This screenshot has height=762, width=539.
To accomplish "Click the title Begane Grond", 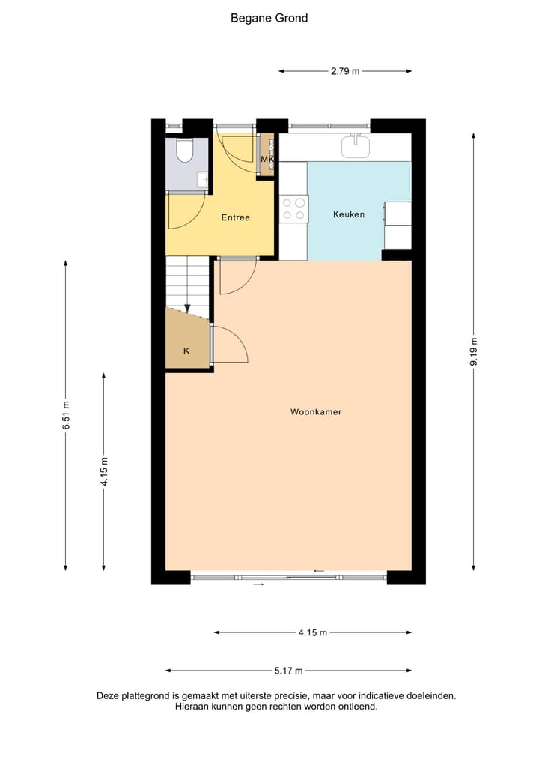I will (x=269, y=18).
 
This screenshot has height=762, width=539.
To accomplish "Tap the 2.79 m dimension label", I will (x=345, y=71).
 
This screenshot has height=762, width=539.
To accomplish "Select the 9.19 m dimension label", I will (x=473, y=351).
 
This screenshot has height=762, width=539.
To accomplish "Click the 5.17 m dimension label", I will (x=288, y=671).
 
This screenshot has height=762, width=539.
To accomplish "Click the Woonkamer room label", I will (x=316, y=411).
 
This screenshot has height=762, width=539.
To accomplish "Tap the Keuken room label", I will (x=349, y=214).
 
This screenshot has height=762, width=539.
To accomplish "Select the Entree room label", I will (x=235, y=217).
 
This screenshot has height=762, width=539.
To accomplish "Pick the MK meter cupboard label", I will (x=267, y=160).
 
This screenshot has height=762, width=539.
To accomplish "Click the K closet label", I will (x=186, y=351).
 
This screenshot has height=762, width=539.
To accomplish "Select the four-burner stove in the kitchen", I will (x=293, y=208).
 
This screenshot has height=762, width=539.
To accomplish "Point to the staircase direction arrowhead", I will (x=187, y=307).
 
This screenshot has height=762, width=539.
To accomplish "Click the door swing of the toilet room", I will (x=184, y=212).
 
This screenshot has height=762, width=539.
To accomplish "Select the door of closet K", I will (x=229, y=345).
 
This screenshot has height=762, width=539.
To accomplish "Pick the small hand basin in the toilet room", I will (x=202, y=180).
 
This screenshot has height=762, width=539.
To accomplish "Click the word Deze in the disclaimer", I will (x=109, y=695).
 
